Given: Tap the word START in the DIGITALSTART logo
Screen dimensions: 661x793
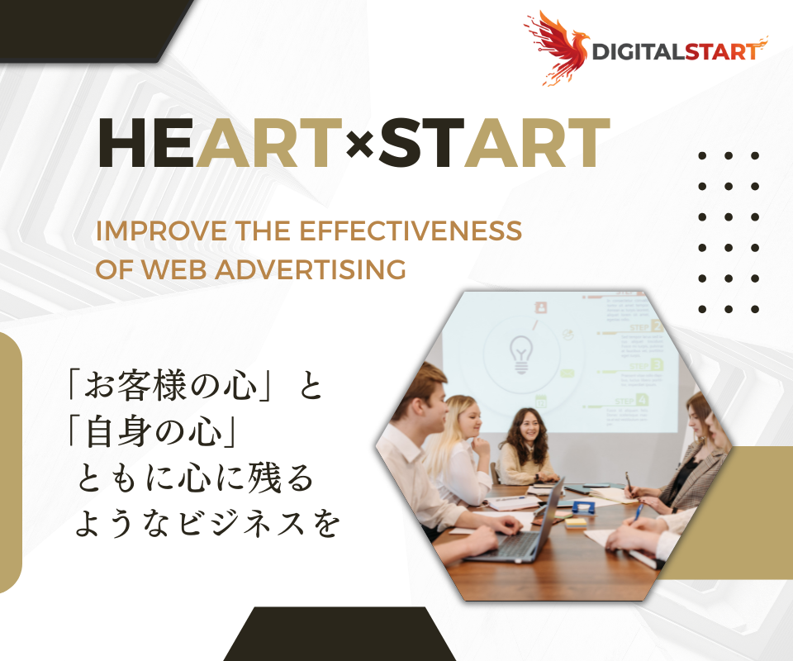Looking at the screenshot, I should pos(719,51).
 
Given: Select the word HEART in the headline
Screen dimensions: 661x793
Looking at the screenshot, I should pos(220,145).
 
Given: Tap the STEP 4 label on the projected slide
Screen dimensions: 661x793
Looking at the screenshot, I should pos(631,401).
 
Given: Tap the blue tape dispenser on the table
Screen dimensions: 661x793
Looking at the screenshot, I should pos(583,506).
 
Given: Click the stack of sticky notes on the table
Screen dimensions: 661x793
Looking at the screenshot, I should pos(576,522).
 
